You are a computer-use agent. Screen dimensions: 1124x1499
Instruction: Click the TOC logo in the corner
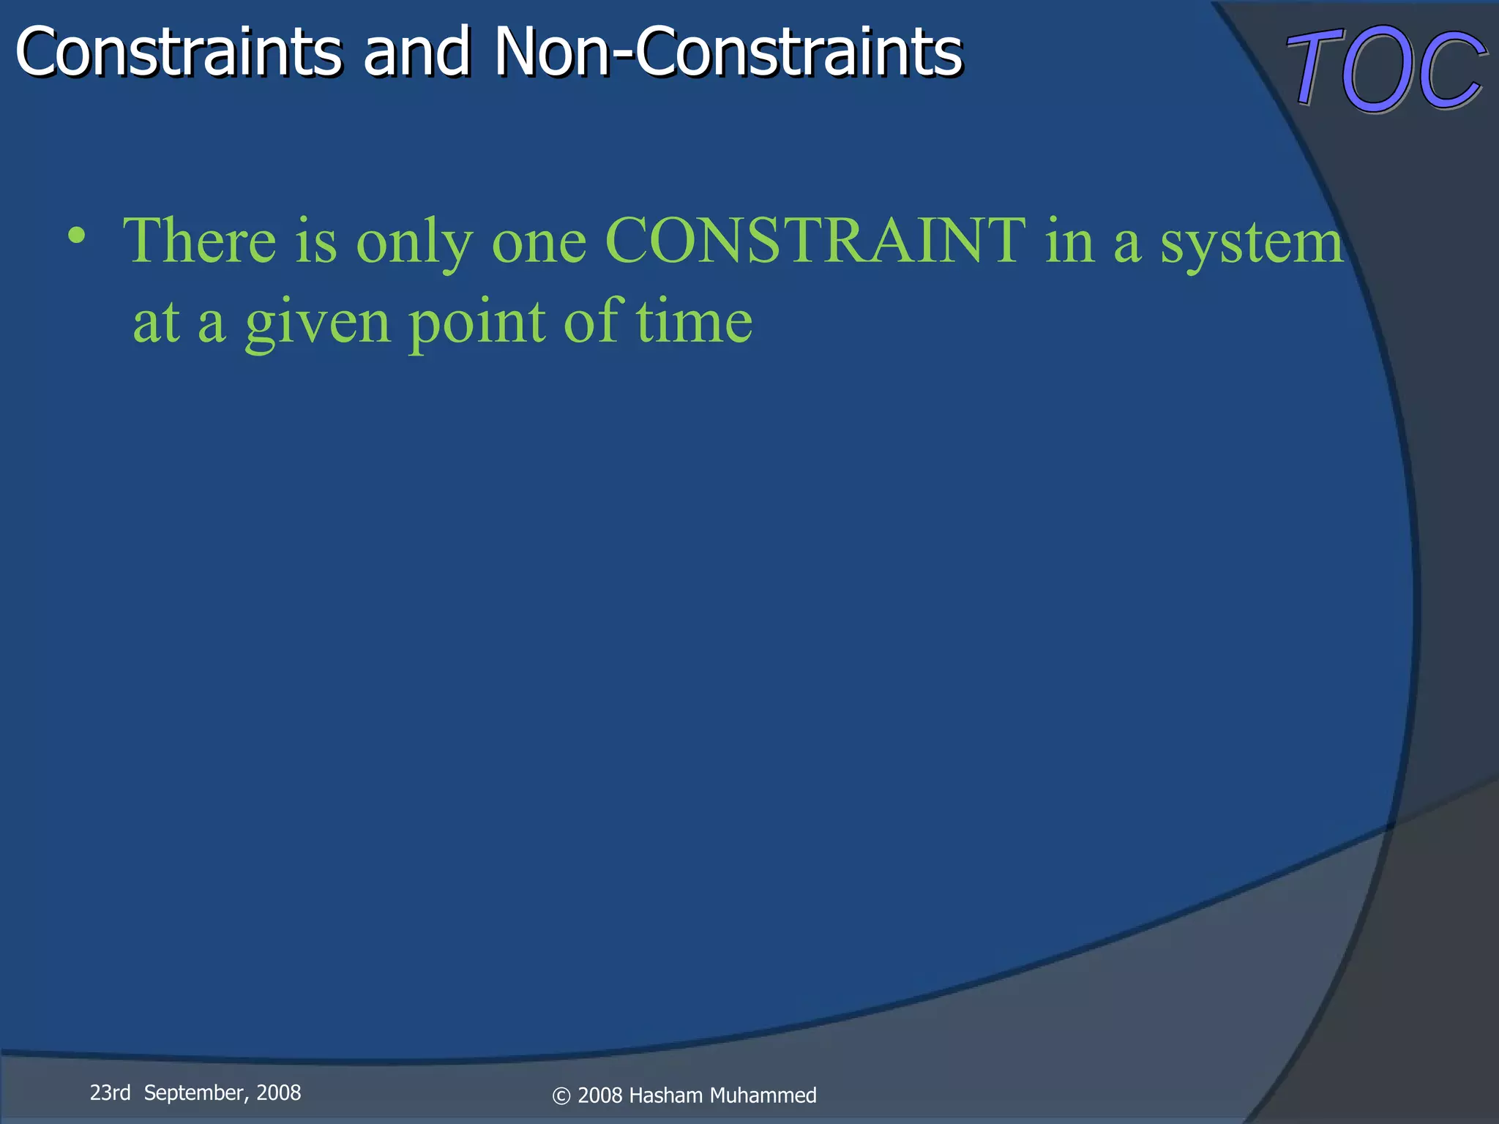(x=1386, y=70)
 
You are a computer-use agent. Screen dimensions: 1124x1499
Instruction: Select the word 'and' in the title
(x=416, y=53)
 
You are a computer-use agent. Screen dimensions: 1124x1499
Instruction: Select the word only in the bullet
(x=414, y=245)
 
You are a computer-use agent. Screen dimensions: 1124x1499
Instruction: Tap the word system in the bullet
(x=1252, y=245)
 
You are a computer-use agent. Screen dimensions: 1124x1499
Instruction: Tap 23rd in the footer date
(x=110, y=1093)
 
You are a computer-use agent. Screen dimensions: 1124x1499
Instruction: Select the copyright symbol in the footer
(x=561, y=1096)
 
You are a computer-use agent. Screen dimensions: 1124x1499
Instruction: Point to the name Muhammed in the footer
(x=763, y=1095)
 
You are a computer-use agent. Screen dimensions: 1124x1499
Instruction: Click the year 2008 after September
(x=278, y=1093)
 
